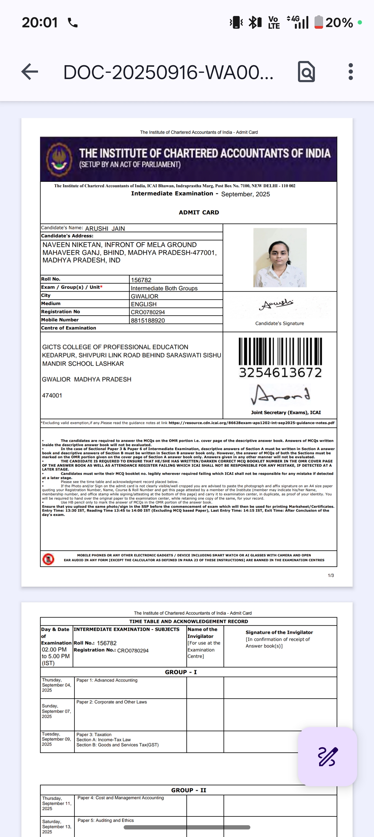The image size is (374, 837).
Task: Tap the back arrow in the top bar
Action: (30, 72)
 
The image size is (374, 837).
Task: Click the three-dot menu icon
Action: (350, 72)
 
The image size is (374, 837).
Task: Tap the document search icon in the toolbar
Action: (306, 72)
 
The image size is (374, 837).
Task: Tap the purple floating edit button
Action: (327, 756)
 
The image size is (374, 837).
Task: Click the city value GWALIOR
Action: (144, 296)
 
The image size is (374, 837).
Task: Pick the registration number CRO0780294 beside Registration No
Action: (148, 312)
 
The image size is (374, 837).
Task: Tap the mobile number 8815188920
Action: (148, 320)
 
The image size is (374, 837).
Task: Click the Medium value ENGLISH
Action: (144, 304)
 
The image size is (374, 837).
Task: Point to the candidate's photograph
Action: (280, 257)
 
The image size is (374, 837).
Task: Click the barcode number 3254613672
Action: (280, 372)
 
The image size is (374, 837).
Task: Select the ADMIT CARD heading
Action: (199, 212)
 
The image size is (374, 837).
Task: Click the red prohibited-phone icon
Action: (48, 559)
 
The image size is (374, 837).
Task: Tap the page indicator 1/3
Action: (331, 576)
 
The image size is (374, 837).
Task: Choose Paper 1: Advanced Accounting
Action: (107, 680)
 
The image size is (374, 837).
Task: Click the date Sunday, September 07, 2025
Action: (56, 711)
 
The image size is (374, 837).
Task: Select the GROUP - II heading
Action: (189, 790)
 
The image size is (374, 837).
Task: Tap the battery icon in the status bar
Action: (319, 22)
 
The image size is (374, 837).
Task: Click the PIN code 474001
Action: (52, 396)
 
